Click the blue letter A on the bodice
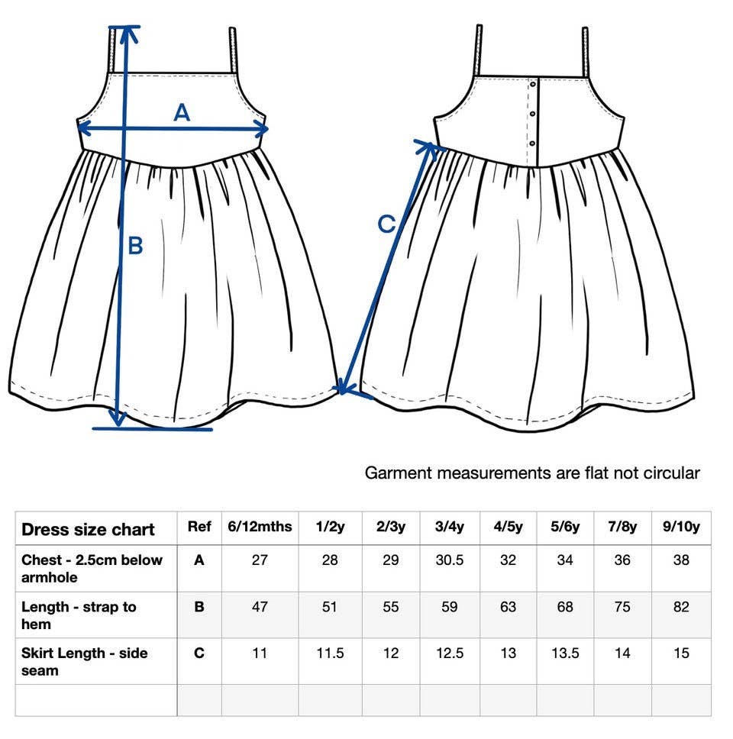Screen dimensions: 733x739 tap(182, 113)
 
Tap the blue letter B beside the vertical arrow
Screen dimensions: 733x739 tap(135, 246)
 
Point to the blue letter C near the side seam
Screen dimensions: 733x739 tap(386, 224)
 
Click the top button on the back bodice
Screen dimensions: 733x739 tap(533, 85)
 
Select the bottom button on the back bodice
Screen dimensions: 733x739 tap(532, 144)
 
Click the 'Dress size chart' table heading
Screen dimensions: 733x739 tap(88, 529)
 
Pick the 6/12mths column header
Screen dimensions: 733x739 tap(260, 527)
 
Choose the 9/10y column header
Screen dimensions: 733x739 tap(681, 527)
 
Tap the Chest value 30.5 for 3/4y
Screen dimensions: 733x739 tap(450, 560)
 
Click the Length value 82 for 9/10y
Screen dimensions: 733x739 tap(681, 607)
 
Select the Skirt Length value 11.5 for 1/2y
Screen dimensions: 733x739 tap(330, 653)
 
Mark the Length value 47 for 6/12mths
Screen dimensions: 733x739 tap(260, 607)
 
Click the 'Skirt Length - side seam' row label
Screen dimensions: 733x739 tap(85, 662)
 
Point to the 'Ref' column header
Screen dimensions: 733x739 tap(199, 527)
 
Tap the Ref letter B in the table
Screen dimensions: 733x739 tap(199, 607)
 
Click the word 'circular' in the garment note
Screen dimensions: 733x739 tap(671, 473)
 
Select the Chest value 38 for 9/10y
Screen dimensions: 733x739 tap(681, 560)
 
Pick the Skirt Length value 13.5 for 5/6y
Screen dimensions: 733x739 tap(565, 653)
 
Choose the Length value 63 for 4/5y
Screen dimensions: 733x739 tap(509, 607)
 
